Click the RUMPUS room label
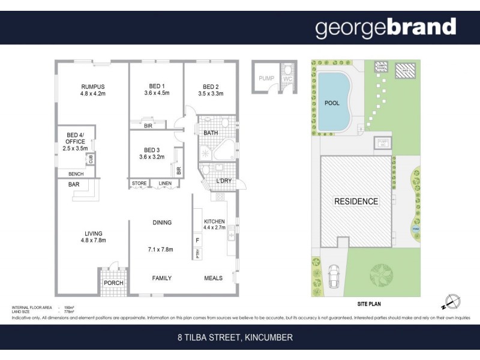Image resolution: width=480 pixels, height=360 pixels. click(92, 85)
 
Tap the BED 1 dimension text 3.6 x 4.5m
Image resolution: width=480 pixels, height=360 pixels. click(157, 93)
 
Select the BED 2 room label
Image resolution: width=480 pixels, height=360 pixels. click(213, 85)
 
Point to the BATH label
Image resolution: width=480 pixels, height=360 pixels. click(211, 133)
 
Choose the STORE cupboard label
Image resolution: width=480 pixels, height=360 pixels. click(139, 184)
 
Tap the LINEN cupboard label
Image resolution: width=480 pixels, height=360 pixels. click(164, 184)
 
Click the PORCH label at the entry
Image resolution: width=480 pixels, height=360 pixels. click(113, 283)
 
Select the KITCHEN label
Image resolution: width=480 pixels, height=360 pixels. click(214, 221)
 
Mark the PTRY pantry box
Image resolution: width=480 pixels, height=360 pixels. click(197, 254)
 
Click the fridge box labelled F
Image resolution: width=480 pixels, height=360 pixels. click(197, 240)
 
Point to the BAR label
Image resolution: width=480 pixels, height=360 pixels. click(74, 184)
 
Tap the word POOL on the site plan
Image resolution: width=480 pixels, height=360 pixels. click(332, 103)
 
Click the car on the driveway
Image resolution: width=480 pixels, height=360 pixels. click(334, 277)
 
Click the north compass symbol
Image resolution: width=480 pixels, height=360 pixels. click(454, 301)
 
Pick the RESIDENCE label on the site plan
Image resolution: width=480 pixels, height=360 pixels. click(356, 202)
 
